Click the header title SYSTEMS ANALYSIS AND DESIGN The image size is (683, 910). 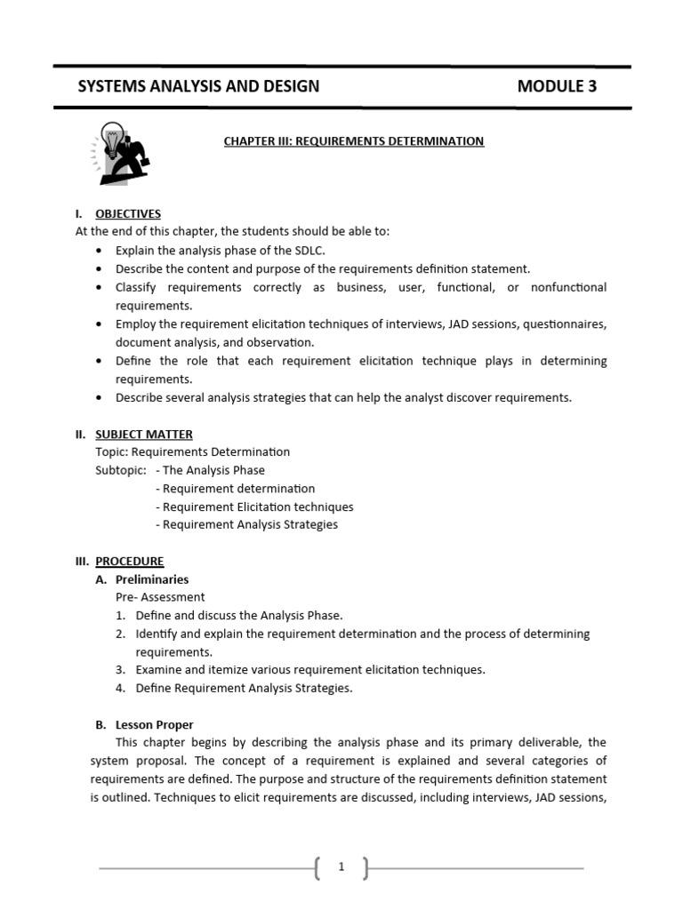tap(198, 86)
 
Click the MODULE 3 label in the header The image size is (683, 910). tap(557, 86)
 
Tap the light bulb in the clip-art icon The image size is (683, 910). tap(110, 139)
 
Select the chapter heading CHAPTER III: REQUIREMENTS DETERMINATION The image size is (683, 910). tap(354, 141)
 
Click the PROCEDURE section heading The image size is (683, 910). tap(130, 562)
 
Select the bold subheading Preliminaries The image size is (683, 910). tap(152, 579)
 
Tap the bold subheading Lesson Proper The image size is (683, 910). tap(155, 724)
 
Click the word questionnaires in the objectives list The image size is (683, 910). tap(565, 324)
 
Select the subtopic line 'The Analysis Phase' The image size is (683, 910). tap(210, 470)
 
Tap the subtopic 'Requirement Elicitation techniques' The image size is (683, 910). tap(254, 507)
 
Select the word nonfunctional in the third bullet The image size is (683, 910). tap(568, 287)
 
